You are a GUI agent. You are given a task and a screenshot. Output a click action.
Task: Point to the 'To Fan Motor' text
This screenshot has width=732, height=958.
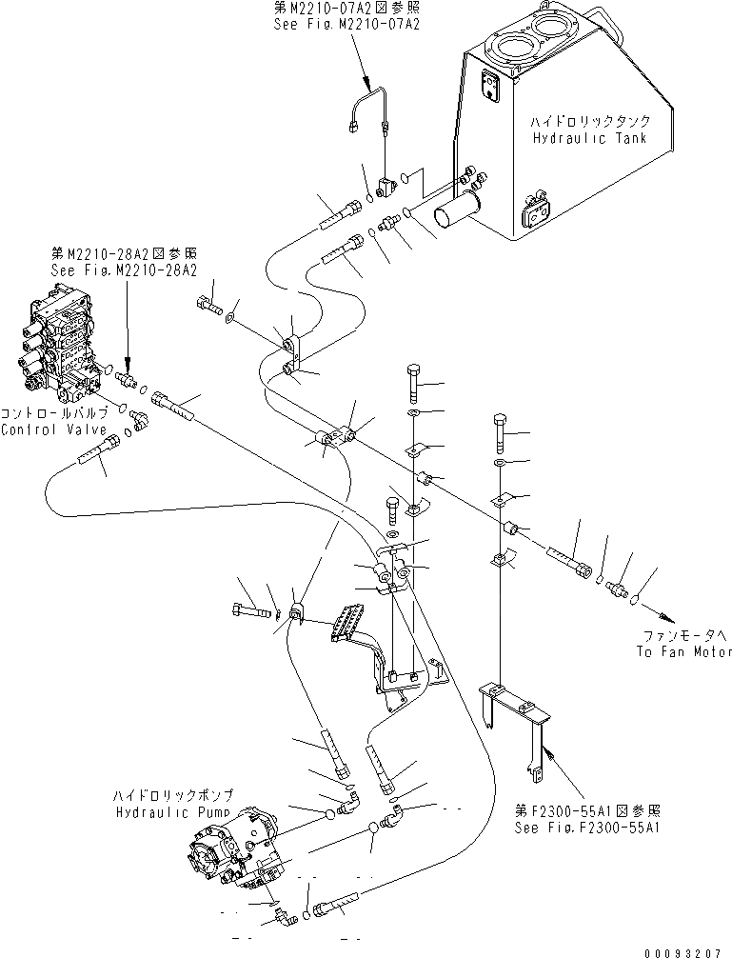685,651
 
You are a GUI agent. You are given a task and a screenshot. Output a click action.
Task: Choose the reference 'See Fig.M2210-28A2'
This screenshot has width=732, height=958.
124,270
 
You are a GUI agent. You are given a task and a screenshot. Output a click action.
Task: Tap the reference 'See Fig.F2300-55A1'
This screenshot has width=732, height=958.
588,828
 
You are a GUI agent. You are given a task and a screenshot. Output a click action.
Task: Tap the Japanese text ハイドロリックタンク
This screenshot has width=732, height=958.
592,122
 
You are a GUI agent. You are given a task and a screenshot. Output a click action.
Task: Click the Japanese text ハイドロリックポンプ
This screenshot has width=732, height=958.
170,795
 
